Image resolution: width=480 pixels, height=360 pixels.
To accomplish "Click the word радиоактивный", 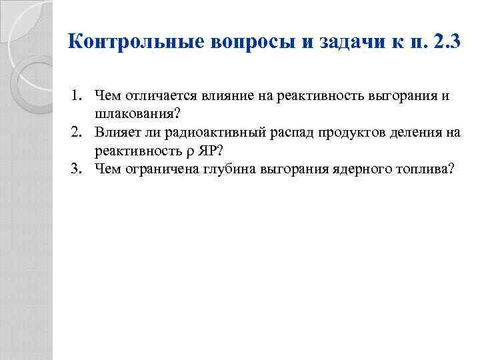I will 207,133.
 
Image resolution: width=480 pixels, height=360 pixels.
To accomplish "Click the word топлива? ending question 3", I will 427,169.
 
